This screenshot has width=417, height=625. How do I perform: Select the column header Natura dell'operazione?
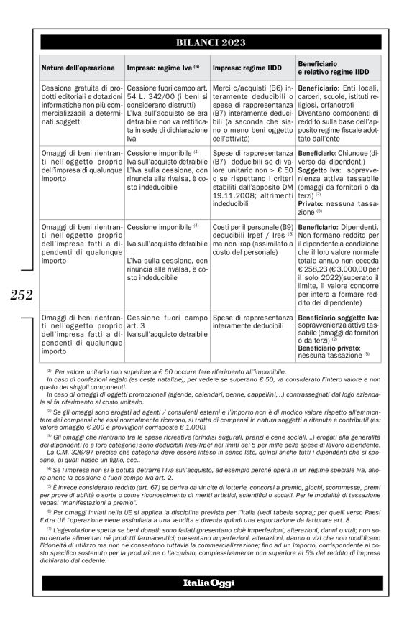(x=78, y=68)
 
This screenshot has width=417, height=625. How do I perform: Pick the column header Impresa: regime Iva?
(x=162, y=68)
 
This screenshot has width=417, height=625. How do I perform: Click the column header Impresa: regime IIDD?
(x=247, y=68)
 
